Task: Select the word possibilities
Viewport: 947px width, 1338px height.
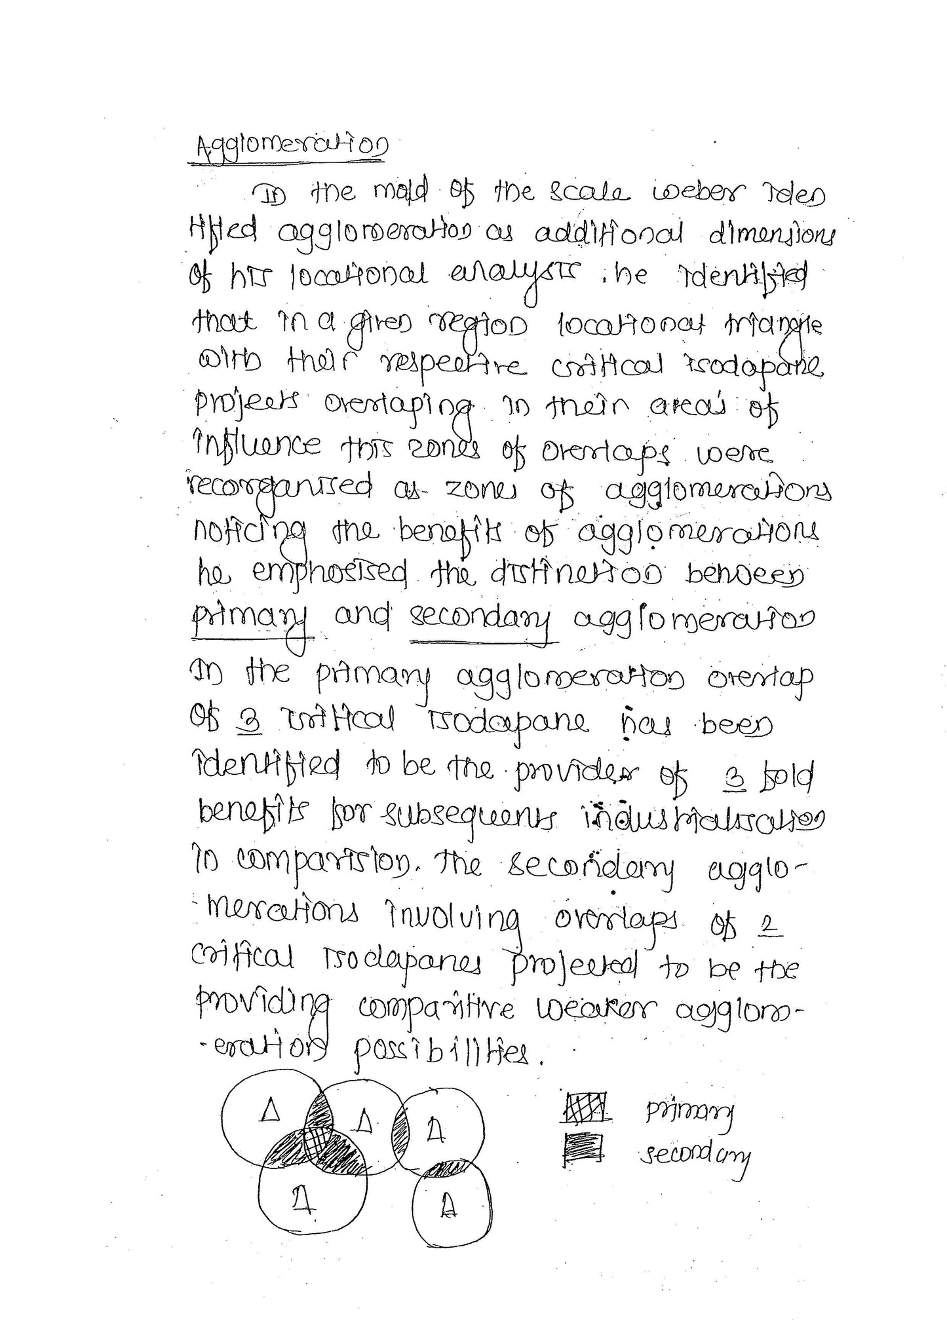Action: click(447, 1055)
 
